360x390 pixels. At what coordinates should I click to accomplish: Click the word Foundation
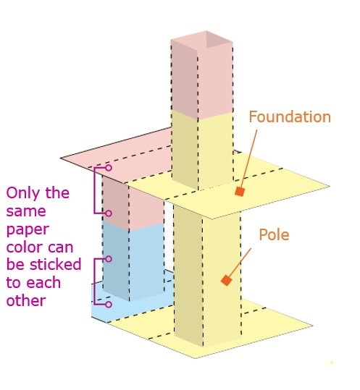(x=290, y=117)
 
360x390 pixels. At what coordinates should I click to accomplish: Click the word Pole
(x=274, y=234)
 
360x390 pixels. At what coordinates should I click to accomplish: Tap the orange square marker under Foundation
(x=240, y=192)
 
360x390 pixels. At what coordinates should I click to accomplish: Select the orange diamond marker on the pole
(x=227, y=280)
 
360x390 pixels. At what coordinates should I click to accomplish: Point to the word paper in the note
(x=28, y=230)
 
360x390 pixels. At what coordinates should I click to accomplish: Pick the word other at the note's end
(x=26, y=300)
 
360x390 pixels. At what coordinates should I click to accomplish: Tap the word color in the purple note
(x=22, y=247)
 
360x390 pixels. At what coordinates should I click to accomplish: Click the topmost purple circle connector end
(x=109, y=168)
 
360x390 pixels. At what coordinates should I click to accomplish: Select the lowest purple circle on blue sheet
(x=109, y=305)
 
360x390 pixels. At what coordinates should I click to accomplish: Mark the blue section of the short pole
(x=134, y=261)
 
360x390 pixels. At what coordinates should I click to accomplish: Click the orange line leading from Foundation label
(x=248, y=158)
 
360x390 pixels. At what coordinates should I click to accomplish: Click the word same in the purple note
(x=26, y=211)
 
